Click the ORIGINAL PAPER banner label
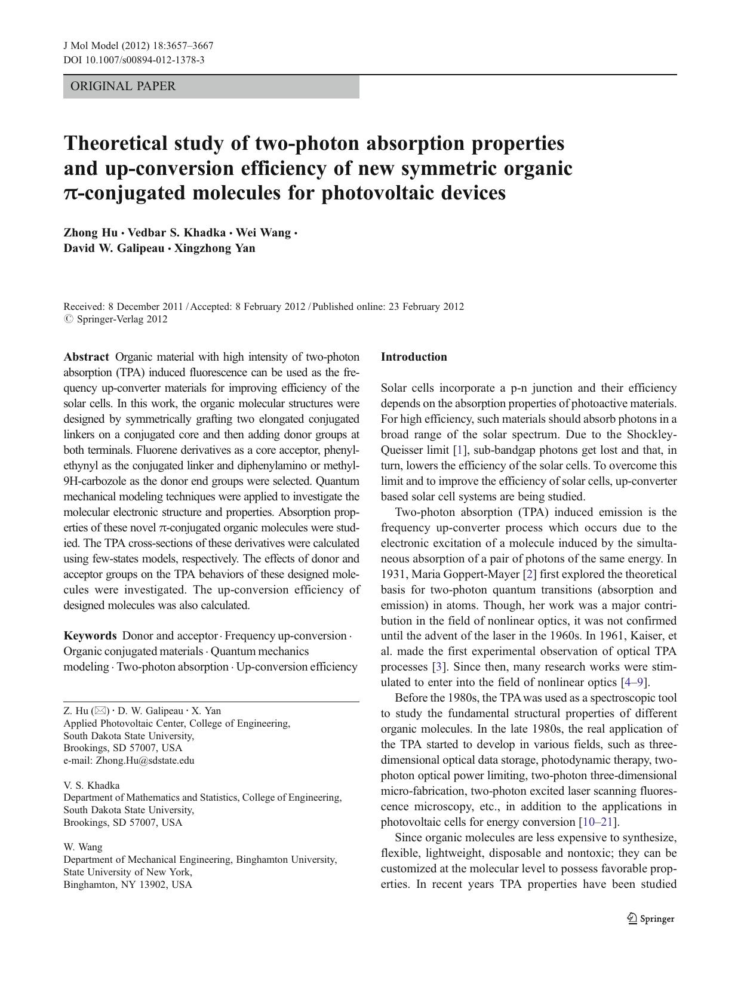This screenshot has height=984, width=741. pos(123,87)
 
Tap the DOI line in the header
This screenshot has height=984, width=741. pos(134,60)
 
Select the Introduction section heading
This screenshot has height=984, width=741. pos(414,357)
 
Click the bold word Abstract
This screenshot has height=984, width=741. pos(87,357)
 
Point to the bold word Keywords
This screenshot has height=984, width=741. pos(90,636)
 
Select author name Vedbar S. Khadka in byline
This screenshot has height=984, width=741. pos(177,233)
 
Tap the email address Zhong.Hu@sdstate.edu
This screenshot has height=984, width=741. pos(144,761)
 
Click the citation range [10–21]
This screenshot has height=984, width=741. pos(598,822)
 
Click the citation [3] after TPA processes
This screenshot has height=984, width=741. pos(439,667)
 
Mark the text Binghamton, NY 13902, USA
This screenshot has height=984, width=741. pos(128,885)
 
